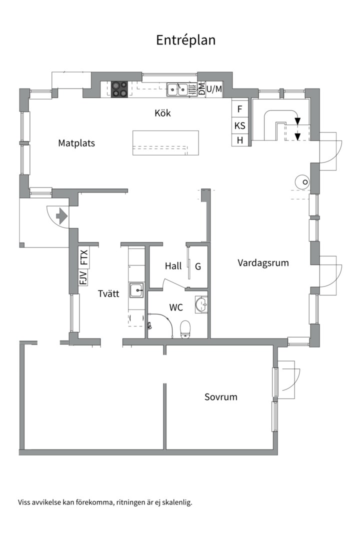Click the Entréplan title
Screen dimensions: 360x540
click(185, 40)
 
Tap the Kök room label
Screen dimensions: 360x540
click(162, 113)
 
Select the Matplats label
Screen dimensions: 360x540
click(76, 143)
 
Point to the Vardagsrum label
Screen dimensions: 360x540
click(263, 263)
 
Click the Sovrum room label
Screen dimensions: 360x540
click(221, 396)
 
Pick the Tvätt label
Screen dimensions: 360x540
click(108, 293)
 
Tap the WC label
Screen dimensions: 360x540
click(176, 307)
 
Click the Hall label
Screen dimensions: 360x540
click(173, 266)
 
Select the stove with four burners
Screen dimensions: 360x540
click(119, 89)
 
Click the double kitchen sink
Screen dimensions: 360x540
click(178, 89)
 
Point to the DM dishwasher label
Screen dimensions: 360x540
click(202, 89)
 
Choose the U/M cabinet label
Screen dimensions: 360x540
click(214, 89)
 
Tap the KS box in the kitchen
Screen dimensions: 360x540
click(240, 125)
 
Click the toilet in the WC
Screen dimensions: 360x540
click(185, 329)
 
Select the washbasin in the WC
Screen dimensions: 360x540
click(201, 304)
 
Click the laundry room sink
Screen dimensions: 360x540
click(137, 290)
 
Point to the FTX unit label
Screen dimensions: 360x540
click(84, 257)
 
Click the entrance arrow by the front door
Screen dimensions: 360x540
click(61, 216)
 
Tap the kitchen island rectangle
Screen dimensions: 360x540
click(165, 143)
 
